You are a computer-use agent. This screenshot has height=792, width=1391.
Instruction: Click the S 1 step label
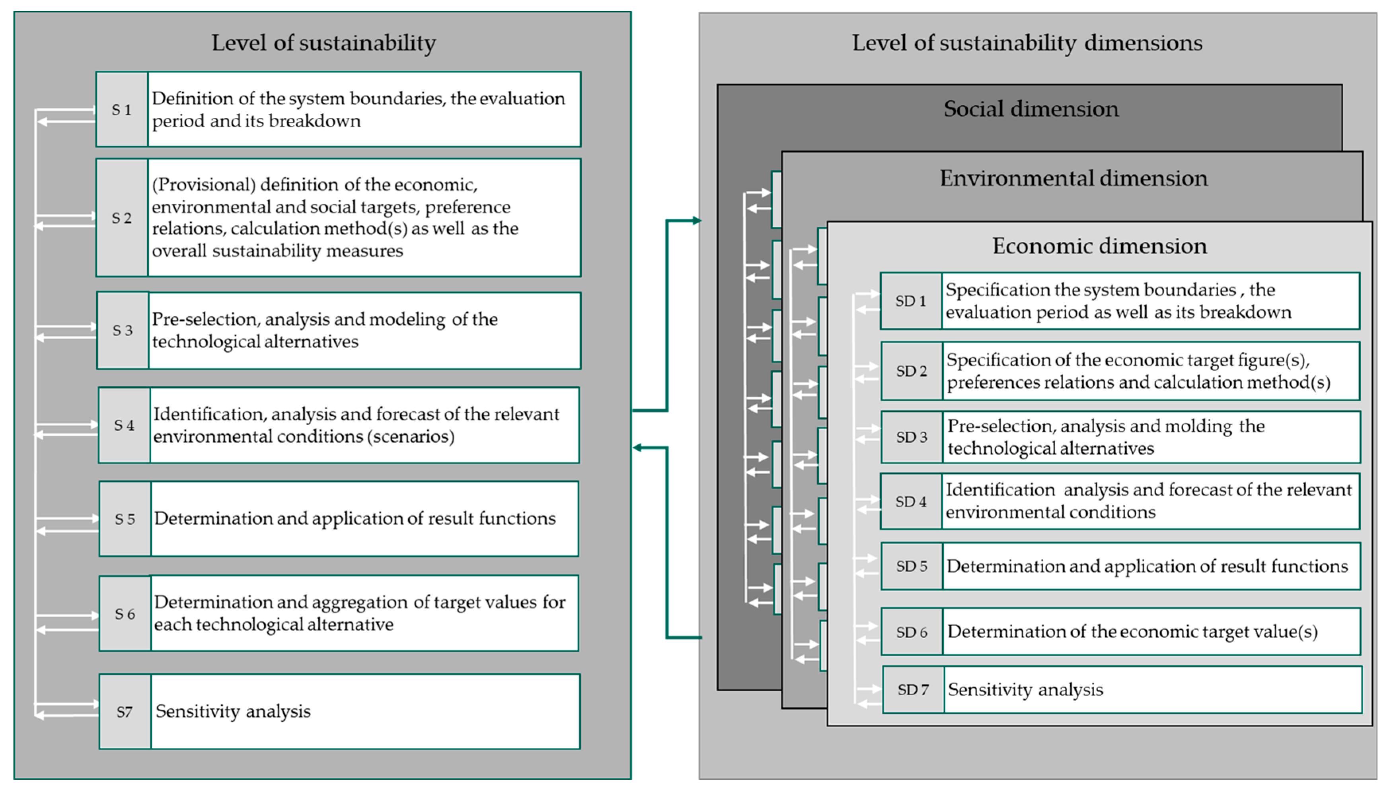coord(121,110)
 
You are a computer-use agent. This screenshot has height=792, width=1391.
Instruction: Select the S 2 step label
coord(121,218)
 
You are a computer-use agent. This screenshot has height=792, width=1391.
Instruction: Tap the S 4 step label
coord(123,425)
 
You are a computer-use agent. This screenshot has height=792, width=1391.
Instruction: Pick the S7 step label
coord(124,712)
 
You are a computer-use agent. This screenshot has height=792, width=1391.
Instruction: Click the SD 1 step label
coord(911,301)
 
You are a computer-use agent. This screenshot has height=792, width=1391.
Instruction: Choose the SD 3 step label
coord(912,437)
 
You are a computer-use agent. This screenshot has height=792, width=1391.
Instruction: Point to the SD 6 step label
coord(912,632)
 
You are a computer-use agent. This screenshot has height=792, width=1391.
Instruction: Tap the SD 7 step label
coord(913,690)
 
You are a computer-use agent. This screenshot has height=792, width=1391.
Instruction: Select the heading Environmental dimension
coord(1073,179)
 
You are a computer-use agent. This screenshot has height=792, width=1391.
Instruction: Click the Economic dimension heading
coord(1099,246)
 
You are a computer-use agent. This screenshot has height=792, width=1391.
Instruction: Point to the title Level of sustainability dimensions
coord(1027,43)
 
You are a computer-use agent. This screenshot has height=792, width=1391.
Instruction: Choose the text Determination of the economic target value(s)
coord(1132,632)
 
